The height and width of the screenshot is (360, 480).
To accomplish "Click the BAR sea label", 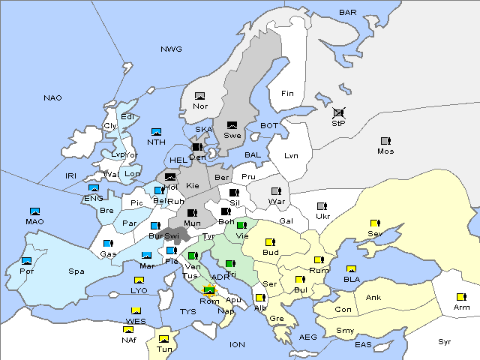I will point(348,13).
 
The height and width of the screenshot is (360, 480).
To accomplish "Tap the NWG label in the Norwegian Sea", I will point(171,49).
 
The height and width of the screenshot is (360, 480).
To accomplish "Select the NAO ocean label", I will point(53,97).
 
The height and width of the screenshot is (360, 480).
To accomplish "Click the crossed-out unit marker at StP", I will point(338,112).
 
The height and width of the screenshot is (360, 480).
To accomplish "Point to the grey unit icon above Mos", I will point(385,141).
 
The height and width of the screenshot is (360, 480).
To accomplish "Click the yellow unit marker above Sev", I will point(374,223).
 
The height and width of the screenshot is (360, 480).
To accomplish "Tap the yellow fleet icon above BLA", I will point(351,268).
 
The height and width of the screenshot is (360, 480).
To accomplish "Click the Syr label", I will point(445,341).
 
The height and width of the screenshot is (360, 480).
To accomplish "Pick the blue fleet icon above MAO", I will point(34,211).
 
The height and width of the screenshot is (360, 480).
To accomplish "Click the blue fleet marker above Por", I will point(27,261).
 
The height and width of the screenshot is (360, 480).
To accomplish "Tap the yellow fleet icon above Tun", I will point(163,338).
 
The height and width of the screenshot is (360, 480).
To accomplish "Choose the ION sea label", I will point(238,344).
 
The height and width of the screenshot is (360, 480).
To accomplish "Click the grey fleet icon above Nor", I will point(199,96).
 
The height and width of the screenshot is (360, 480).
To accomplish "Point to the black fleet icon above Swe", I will point(232,125).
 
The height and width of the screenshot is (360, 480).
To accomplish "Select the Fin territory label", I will point(286,93).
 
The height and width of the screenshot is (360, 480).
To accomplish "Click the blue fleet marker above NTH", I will point(156,132).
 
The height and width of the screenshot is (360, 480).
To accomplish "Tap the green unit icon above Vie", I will point(241,225).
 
